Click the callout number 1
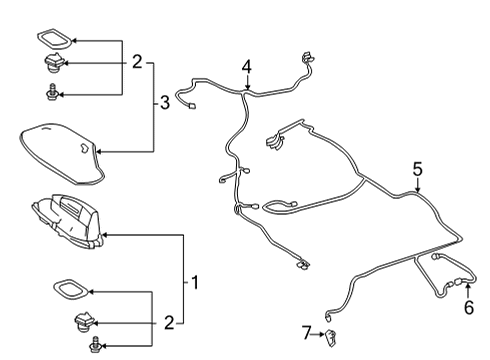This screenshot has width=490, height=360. tap(196, 283)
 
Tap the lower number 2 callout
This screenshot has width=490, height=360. tap(168, 321)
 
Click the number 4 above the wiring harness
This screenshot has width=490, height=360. tap(246, 67)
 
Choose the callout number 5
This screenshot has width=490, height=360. tap(418, 170)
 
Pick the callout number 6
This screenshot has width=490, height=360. tap(468, 309)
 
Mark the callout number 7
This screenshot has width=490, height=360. tap(307, 331)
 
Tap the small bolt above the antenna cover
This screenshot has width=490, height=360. tap(51, 94)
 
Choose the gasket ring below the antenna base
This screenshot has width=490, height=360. tap(73, 291)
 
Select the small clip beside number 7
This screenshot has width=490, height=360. tap(329, 334)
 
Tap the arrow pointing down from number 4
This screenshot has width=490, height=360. tap(246, 84)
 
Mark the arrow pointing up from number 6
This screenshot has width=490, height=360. tap(468, 292)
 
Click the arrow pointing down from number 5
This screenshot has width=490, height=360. tap(418, 186)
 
